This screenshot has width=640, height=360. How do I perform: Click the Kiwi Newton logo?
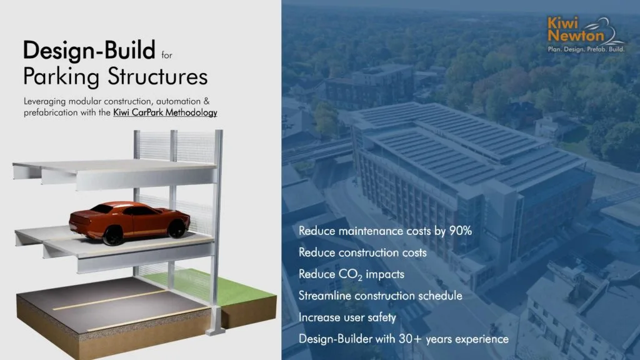tap(586, 34)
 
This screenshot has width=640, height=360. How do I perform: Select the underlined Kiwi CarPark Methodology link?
tap(165, 112)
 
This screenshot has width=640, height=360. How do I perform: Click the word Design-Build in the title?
tap(89, 50)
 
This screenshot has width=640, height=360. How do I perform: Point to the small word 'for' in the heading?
tap(166, 55)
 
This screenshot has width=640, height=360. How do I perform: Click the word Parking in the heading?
tap(61, 77)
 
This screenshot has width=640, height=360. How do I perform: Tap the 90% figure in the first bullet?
tap(461, 231)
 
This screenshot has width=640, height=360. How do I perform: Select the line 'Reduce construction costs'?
tap(362, 252)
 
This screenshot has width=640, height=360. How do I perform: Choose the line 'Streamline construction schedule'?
tap(381, 296)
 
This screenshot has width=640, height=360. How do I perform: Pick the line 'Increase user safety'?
tap(347, 317)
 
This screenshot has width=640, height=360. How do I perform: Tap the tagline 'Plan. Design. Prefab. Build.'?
tap(586, 49)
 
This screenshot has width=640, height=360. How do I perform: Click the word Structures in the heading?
tap(158, 77)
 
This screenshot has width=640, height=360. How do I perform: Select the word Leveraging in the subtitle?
tap(44, 102)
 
